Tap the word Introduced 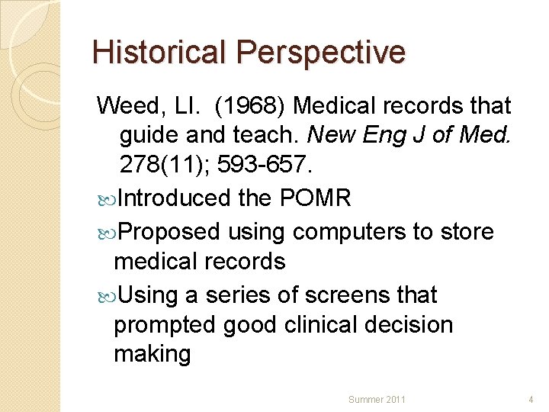(x=174, y=198)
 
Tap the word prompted (x=164, y=324)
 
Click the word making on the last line (x=152, y=354)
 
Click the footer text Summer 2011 (x=377, y=399)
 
